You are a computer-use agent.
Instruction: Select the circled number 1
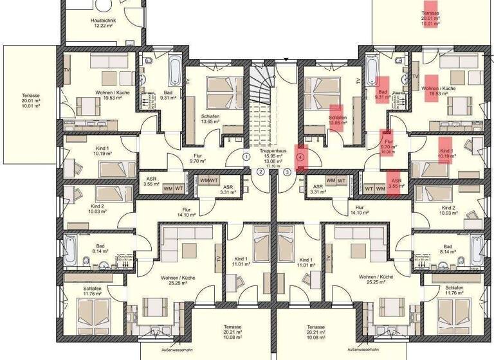[x=246, y=156]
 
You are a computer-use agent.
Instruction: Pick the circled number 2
[x=261, y=171]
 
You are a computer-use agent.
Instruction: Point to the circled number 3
[x=287, y=171]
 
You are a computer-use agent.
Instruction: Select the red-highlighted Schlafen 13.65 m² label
[x=337, y=120]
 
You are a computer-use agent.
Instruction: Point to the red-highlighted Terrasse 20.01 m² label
[x=430, y=16]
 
